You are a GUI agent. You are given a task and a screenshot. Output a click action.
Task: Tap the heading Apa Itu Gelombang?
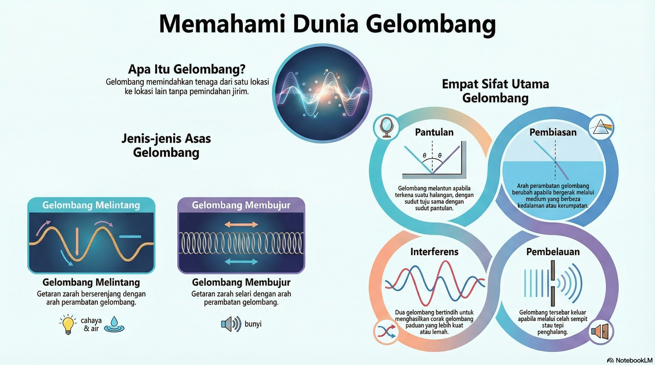tap(187, 69)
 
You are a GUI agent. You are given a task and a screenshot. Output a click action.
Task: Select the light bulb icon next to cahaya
tap(68, 325)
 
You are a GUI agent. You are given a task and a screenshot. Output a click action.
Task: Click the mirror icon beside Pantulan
tap(386, 127)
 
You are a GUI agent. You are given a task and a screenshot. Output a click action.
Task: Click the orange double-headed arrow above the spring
tap(241, 224)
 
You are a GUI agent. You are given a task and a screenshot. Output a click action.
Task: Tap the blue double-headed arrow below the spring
tap(241, 262)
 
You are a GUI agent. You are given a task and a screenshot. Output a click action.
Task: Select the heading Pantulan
tap(434, 132)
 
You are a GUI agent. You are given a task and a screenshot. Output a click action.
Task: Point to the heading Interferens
tap(434, 252)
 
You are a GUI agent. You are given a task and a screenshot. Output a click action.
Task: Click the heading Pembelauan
tap(553, 252)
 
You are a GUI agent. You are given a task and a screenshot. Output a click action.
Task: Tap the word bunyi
tap(253, 324)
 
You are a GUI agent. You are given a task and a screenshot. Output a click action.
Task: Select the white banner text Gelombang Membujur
tap(241, 205)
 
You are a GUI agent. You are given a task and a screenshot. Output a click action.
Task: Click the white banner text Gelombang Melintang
tap(91, 205)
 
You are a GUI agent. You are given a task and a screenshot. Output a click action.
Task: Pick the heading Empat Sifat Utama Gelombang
tap(495, 91)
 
